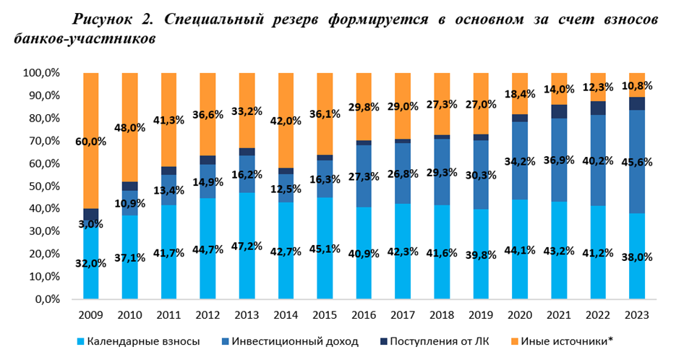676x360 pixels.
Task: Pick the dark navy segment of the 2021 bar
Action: pyautogui.click(x=559, y=111)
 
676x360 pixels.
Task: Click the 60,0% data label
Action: pyautogui.click(x=90, y=142)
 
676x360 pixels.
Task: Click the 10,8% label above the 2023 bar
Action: pyautogui.click(x=637, y=86)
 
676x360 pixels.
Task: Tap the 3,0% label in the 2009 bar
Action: pyautogui.click(x=90, y=224)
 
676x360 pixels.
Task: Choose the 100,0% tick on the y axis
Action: pyautogui.click(x=41, y=73)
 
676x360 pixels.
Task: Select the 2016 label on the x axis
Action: pyautogui.click(x=363, y=315)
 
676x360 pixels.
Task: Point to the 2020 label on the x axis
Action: pyautogui.click(x=520, y=315)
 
